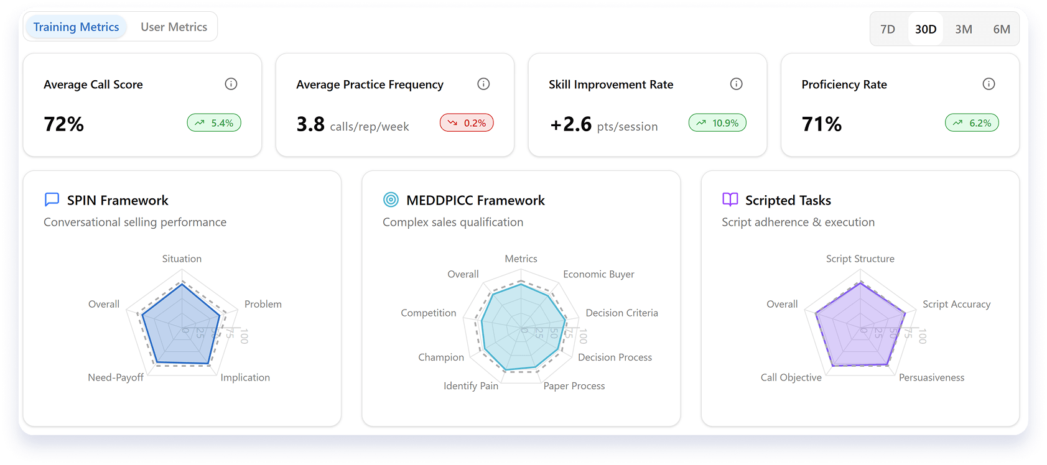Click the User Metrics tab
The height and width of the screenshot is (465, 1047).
(x=174, y=27)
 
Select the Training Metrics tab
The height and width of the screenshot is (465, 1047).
(x=76, y=27)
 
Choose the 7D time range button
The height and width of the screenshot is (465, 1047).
(x=888, y=29)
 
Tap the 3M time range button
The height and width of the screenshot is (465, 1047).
(x=964, y=29)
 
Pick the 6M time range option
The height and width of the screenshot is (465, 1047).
(x=1002, y=29)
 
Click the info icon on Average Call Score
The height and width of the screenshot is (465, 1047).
(x=231, y=84)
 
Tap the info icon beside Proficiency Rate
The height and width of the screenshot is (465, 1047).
(x=989, y=84)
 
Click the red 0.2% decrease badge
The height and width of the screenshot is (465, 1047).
(x=467, y=123)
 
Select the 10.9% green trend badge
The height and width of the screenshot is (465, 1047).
(x=717, y=123)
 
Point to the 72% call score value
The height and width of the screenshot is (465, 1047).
(x=63, y=124)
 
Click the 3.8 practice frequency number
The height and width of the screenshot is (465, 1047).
(x=310, y=124)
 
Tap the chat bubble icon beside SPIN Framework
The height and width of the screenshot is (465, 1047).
(x=52, y=200)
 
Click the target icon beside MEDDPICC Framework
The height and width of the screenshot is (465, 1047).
(x=391, y=200)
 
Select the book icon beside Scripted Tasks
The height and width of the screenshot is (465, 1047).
(x=730, y=200)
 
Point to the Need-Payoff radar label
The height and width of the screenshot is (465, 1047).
(x=116, y=377)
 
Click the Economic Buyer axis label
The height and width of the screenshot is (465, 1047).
(x=598, y=274)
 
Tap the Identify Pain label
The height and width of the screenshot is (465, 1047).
(x=471, y=386)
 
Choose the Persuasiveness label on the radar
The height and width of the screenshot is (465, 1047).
(x=931, y=377)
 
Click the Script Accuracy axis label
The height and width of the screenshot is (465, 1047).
(x=956, y=304)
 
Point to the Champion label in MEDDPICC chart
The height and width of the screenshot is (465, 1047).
(x=441, y=357)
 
